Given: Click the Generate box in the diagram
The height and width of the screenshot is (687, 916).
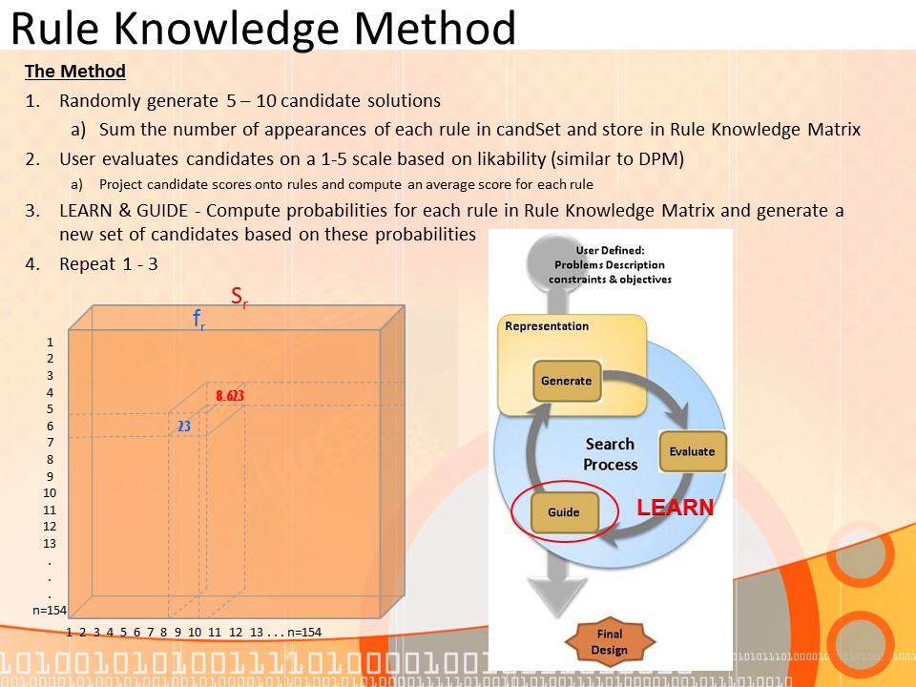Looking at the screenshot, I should [x=567, y=381].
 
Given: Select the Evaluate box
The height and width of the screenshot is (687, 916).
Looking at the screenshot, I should [x=693, y=451].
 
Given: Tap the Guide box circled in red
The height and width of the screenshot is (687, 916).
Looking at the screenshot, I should [x=564, y=512].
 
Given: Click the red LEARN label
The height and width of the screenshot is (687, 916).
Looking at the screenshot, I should [x=675, y=508].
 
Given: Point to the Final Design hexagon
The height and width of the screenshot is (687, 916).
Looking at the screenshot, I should [x=610, y=642].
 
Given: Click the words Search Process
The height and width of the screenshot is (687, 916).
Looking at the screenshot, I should [x=611, y=454].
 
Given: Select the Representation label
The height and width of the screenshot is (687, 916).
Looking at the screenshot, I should [x=547, y=326].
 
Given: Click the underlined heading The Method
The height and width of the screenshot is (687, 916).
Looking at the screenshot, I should [x=75, y=72].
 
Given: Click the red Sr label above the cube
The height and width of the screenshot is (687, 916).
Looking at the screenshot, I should [x=239, y=297].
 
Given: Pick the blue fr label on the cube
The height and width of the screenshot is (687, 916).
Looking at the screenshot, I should [x=199, y=321].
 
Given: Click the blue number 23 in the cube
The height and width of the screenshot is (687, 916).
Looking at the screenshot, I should [x=184, y=427].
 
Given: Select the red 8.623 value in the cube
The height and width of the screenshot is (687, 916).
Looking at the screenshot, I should [x=230, y=396].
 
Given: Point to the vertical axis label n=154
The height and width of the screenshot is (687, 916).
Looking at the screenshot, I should [x=49, y=611].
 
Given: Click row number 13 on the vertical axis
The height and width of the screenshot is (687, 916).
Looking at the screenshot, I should [x=51, y=543].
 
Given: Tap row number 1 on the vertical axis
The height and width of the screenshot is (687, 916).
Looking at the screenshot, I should [x=51, y=342].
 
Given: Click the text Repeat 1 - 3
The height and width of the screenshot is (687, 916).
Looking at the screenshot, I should [x=109, y=264].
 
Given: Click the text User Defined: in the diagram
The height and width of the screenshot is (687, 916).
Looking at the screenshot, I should [x=610, y=250].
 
